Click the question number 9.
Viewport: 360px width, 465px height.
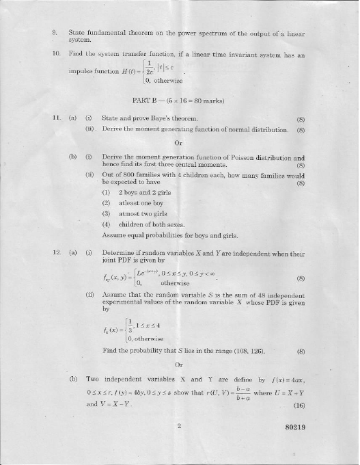[x=54, y=32]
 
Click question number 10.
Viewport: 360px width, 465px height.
[x=55, y=53]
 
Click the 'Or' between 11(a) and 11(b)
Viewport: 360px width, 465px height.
[x=179, y=142]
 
